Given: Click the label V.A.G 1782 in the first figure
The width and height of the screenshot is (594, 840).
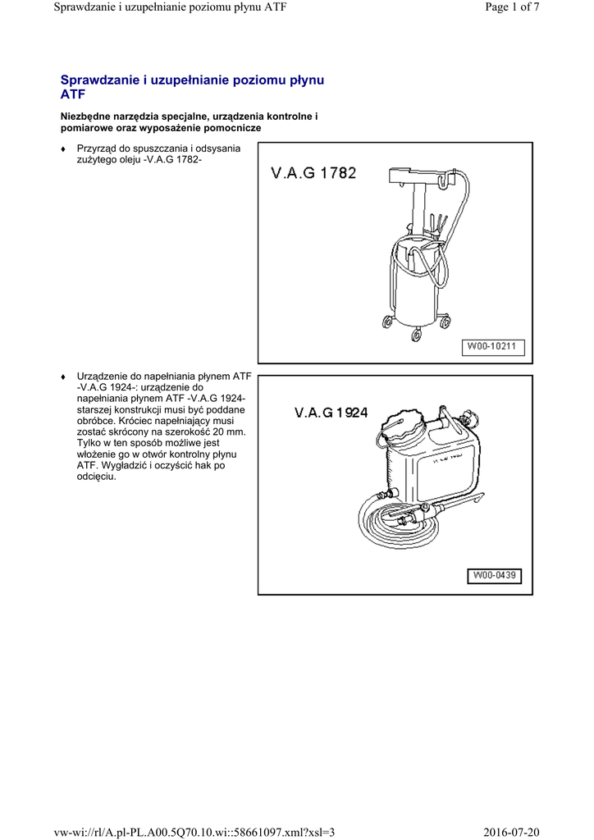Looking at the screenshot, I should click(313, 173).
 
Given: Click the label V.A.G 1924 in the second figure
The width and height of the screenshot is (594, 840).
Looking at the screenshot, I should click(331, 413).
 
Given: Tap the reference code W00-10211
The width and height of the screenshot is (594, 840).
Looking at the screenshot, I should click(491, 346).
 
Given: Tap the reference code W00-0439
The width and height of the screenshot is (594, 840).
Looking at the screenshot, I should click(494, 576).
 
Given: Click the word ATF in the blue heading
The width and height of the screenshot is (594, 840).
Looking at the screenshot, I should click(74, 94).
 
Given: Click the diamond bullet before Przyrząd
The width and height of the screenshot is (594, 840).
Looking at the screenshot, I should click(63, 148).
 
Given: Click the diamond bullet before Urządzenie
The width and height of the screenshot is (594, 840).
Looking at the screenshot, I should click(63, 377).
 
